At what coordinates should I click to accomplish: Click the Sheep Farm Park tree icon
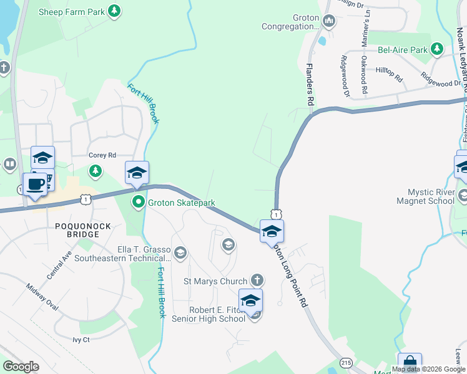pos(114,11)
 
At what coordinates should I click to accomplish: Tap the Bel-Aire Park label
pos(403,49)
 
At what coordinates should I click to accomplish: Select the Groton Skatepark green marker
pos(138,202)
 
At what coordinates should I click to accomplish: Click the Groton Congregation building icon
pos(329,22)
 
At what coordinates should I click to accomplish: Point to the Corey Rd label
pos(102,155)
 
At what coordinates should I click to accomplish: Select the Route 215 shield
pos(346,362)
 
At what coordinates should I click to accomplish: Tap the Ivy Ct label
pos(81,340)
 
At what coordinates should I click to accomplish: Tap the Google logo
pos(21,367)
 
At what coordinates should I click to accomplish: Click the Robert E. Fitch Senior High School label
pos(217,314)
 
